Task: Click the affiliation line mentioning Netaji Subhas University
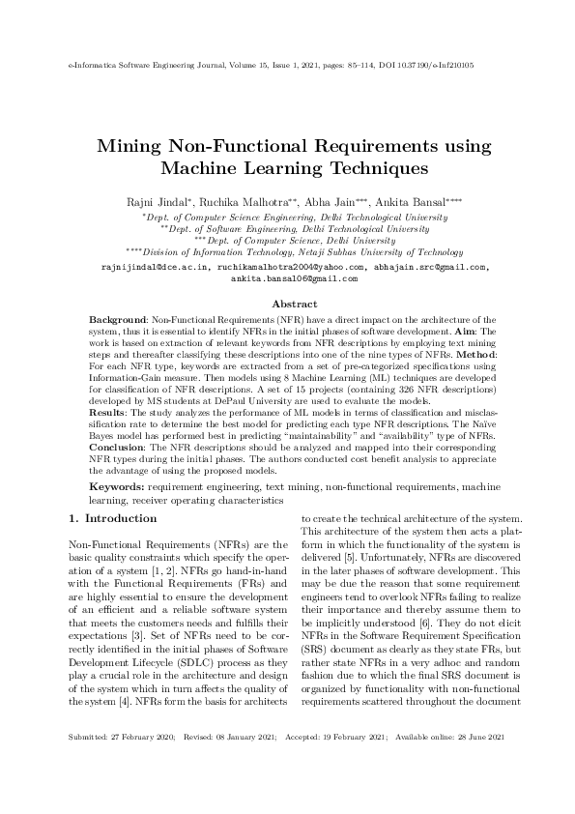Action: click(x=294, y=250)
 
